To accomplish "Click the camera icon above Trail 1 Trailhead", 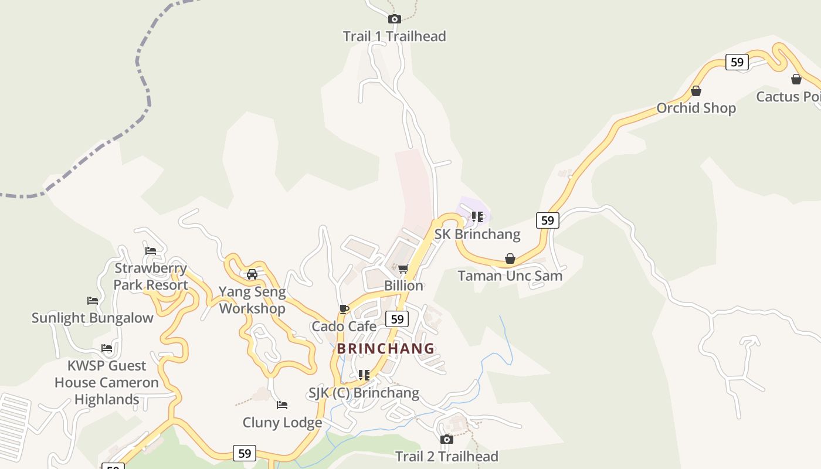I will coord(395,19).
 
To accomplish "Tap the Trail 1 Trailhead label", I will coord(395,36).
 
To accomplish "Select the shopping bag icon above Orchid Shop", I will coord(696,91).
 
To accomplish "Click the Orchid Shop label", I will coord(696,108).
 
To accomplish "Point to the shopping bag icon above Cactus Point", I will coord(796,79).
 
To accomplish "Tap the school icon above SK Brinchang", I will coord(477,217).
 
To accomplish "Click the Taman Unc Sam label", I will coord(510,276).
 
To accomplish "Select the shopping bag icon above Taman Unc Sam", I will coord(510,259).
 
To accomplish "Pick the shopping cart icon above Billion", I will coord(403,269).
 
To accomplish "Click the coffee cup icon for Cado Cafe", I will coord(344,309).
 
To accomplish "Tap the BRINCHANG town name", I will coord(386,349).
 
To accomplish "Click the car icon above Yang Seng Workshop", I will coord(252,274).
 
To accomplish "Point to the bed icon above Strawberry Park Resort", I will coord(151,251).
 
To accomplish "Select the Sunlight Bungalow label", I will coord(92,318).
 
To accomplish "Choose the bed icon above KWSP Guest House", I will coord(106,348).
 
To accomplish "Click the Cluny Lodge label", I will coord(282,422).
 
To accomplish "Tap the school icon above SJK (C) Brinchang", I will coord(364,375).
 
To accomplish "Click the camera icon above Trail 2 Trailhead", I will coord(447,439).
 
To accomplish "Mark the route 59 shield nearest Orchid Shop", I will coord(737,62).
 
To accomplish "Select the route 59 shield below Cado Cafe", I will coord(398,319).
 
